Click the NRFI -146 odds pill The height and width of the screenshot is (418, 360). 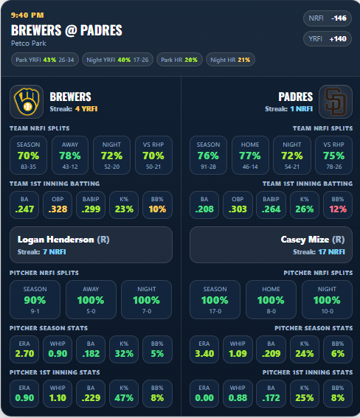pyautogui.click(x=328, y=18)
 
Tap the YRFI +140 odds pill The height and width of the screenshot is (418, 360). pyautogui.click(x=328, y=39)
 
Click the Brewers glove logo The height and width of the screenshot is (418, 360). pyautogui.click(x=27, y=102)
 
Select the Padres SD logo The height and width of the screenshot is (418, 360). pyautogui.click(x=336, y=102)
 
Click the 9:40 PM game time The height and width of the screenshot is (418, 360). pyautogui.click(x=27, y=15)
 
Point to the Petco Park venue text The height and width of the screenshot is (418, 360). pyautogui.click(x=29, y=43)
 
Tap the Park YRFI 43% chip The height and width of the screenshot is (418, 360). pyautogui.click(x=45, y=60)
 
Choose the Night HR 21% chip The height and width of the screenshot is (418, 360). pyautogui.click(x=230, y=60)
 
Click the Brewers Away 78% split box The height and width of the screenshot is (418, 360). pyautogui.click(x=70, y=155)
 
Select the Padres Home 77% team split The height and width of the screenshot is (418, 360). pyautogui.click(x=250, y=155)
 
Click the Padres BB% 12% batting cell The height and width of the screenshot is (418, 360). pyautogui.click(x=338, y=205)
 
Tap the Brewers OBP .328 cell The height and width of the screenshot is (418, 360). pyautogui.click(x=58, y=205)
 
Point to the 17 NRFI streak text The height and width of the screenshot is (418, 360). pyautogui.click(x=331, y=252)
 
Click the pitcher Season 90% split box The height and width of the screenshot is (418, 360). pyautogui.click(x=35, y=299)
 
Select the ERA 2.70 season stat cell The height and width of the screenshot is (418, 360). pyautogui.click(x=24, y=349)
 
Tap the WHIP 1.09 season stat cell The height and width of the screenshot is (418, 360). pyautogui.click(x=238, y=349)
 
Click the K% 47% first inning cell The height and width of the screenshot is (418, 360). pyautogui.click(x=124, y=394)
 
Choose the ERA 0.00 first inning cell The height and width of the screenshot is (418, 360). pyautogui.click(x=204, y=394)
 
